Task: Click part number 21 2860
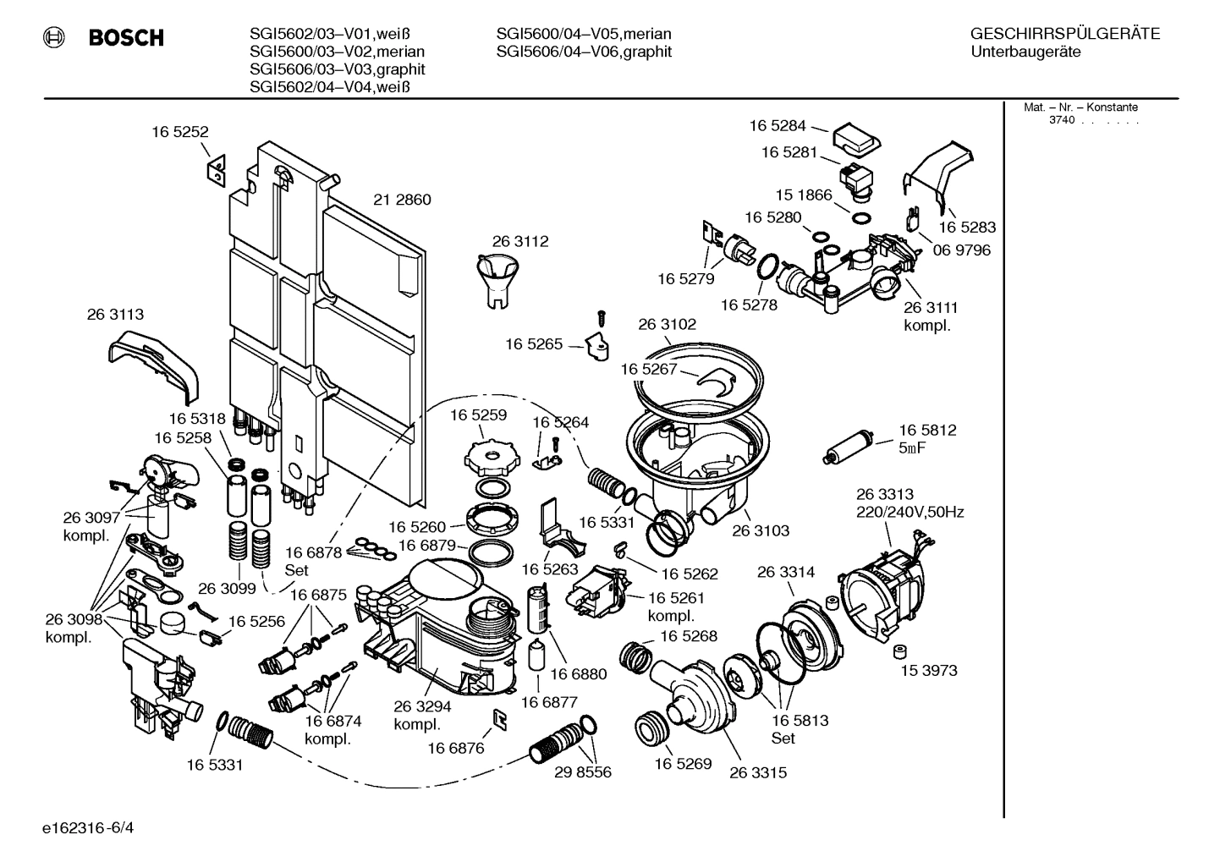[402, 200]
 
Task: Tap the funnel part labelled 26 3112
[498, 280]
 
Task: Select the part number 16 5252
[179, 132]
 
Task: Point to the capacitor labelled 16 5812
[849, 447]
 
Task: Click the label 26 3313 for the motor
[884, 494]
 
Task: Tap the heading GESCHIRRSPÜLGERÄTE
[1064, 34]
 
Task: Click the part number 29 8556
[583, 772]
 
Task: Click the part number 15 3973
[928, 670]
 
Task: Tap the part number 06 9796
[962, 250]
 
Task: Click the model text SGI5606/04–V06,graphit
[584, 52]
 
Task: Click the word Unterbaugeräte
[1025, 52]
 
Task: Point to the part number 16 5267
[648, 369]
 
